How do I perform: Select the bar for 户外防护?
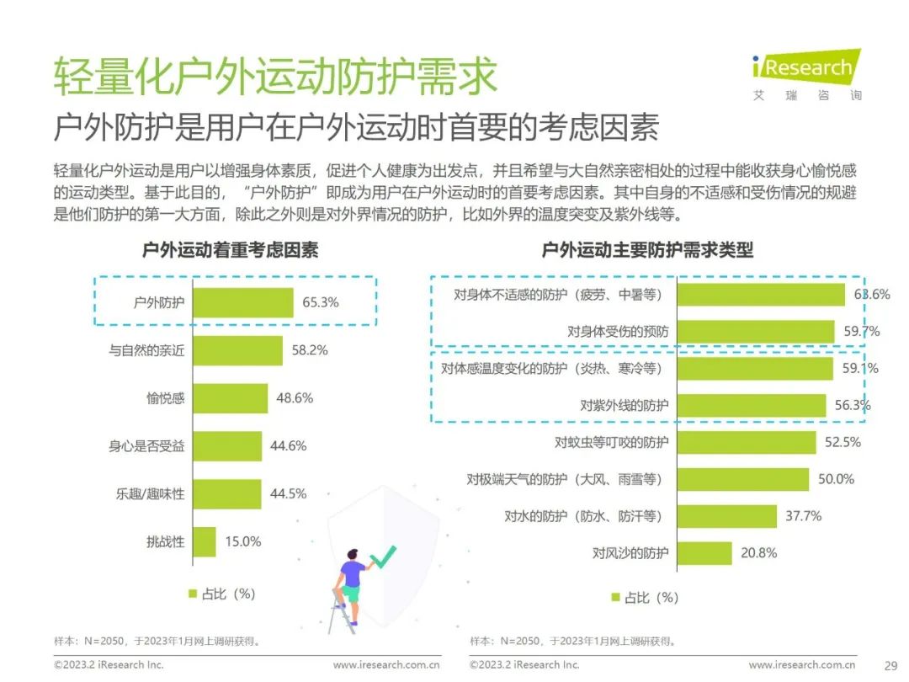tap(243, 303)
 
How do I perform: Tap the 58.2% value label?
tap(310, 350)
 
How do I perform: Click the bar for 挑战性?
tap(204, 541)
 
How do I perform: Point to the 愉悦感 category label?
tap(165, 398)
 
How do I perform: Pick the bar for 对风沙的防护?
tap(704, 553)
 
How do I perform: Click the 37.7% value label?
tap(804, 516)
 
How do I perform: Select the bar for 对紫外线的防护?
tap(752, 405)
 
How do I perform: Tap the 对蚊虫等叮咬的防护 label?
tap(612, 443)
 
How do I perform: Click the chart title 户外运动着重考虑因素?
tap(230, 250)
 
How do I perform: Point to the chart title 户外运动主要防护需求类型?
tap(647, 250)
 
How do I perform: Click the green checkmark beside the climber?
tap(383, 557)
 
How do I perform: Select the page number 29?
tap(891, 666)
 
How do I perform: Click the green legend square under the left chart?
tap(193, 594)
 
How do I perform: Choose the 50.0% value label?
tap(836, 479)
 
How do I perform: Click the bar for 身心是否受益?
tap(227, 446)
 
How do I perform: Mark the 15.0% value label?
tap(243, 541)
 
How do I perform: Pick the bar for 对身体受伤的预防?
tap(756, 332)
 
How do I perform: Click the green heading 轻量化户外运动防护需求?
tap(275, 76)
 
